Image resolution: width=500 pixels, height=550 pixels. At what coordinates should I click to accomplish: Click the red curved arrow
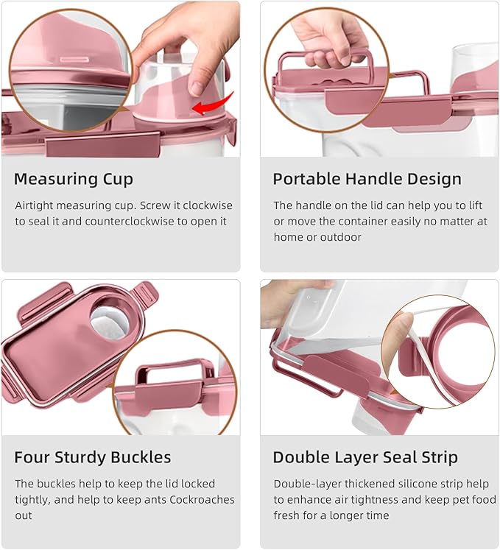click(x=213, y=105)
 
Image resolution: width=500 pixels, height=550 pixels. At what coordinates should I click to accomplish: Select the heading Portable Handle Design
click(x=367, y=179)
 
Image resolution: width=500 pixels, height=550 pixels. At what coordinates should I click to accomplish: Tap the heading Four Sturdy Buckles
click(x=92, y=457)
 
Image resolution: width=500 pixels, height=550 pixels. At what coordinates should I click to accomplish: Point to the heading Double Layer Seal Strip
click(x=365, y=457)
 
